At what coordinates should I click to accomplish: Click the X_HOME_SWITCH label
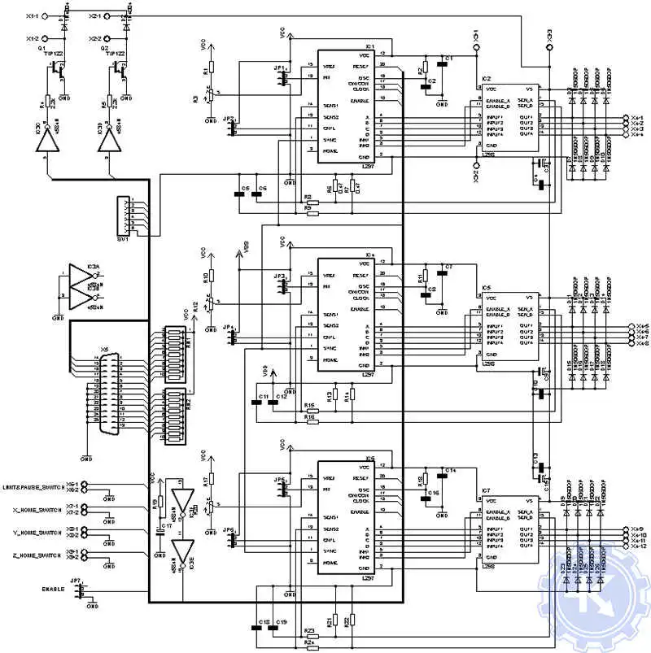tap(38, 511)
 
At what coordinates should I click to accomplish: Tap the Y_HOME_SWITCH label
tap(38, 533)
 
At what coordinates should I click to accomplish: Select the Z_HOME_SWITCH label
tap(38, 555)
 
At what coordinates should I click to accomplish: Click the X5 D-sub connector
tap(103, 398)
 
